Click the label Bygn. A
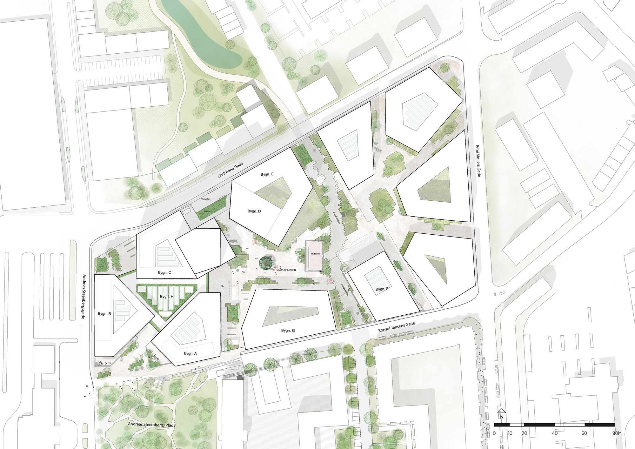(x=190, y=353)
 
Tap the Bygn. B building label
(x=104, y=314)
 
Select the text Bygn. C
(x=164, y=272)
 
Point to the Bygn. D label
(x=254, y=211)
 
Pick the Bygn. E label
(x=267, y=174)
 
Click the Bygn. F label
(x=382, y=289)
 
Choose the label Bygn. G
(x=288, y=331)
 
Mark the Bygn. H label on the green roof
(x=167, y=297)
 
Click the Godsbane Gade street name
(x=231, y=170)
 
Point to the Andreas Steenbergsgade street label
(x=84, y=297)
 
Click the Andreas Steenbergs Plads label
(x=151, y=424)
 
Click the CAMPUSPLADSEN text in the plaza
(x=286, y=270)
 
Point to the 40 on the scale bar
(x=555, y=433)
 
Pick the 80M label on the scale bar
(x=617, y=433)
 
